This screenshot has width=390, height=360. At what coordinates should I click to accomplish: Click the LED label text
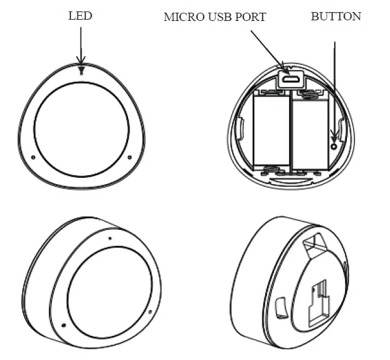point(80,16)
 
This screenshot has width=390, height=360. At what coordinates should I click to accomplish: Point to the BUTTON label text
point(335,17)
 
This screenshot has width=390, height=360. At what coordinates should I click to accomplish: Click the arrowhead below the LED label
point(81,61)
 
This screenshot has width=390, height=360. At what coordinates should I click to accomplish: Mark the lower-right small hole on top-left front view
point(129,157)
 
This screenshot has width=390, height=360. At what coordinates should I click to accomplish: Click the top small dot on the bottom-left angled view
point(110,239)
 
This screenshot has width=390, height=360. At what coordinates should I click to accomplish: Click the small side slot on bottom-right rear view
point(281,308)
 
